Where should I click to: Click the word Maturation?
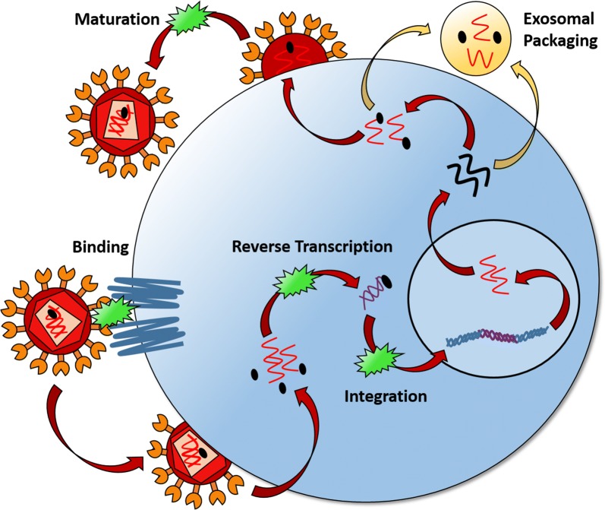[117, 19]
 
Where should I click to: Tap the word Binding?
[101, 247]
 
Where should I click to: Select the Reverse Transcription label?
[312, 246]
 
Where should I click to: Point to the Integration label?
[386, 397]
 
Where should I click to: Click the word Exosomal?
[559, 18]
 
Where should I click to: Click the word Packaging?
[560, 40]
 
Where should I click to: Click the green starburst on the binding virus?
[115, 312]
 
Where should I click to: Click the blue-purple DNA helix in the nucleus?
[497, 335]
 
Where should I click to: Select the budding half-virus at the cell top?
[293, 49]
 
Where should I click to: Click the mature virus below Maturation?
[123, 119]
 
